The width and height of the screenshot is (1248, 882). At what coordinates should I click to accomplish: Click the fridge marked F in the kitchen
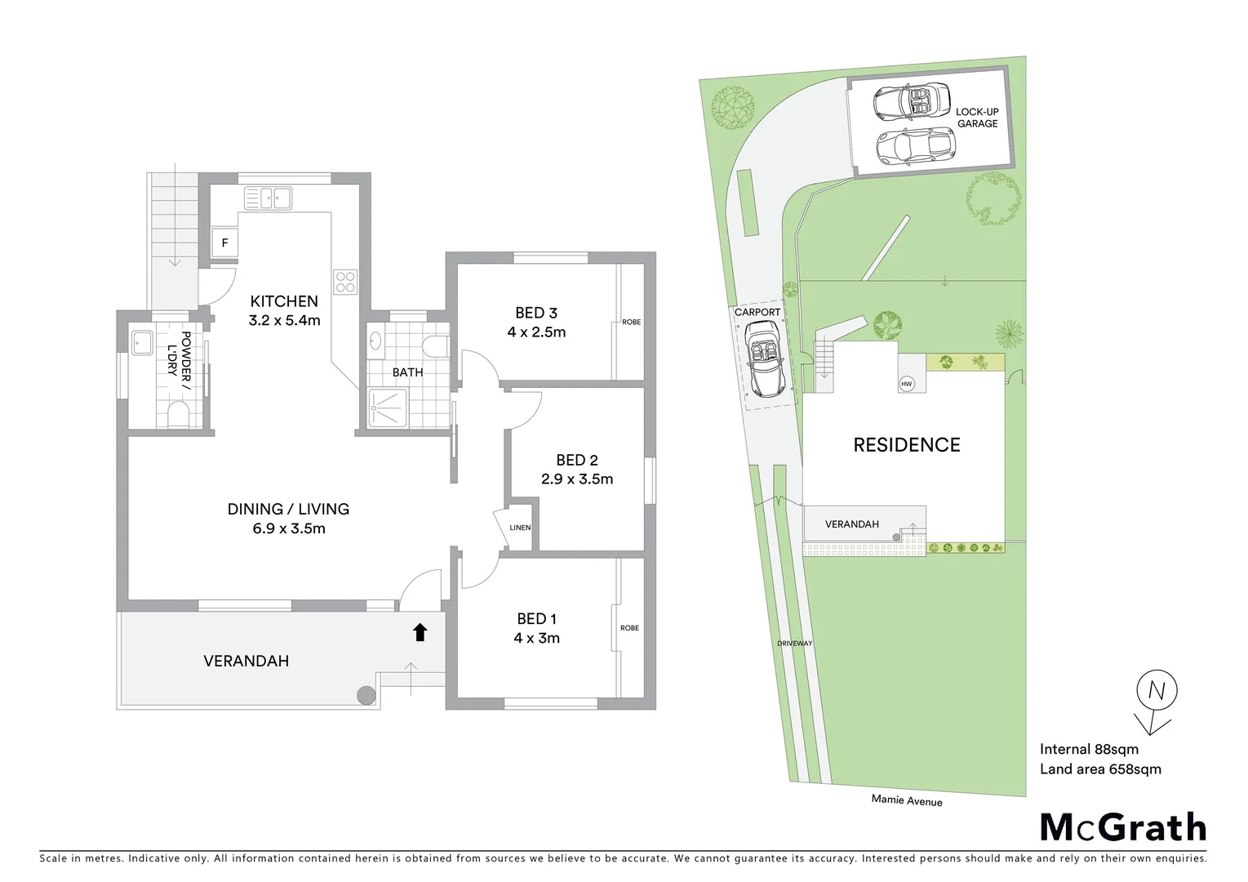[x=224, y=243]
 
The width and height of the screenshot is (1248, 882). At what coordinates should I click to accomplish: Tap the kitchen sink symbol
[x=268, y=198]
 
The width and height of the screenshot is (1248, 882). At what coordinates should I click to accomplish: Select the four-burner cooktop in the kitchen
[x=345, y=282]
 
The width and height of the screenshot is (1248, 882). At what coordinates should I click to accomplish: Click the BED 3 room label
[x=536, y=313]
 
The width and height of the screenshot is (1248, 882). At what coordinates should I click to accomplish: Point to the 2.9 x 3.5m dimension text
[x=577, y=479]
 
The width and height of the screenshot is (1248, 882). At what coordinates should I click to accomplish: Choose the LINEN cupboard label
[x=520, y=528]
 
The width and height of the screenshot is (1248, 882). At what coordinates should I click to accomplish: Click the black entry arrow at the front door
[x=420, y=632]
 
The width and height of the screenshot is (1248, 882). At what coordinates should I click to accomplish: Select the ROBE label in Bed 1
[x=629, y=628]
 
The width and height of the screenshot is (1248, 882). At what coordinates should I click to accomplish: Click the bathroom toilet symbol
[x=437, y=346]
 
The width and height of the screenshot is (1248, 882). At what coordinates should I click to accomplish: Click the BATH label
[x=407, y=372]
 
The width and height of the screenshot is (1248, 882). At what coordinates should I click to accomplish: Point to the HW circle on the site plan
[x=907, y=384]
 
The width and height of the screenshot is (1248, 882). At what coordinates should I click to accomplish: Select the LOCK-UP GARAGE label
[x=977, y=118]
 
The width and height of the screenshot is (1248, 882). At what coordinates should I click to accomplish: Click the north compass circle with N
[x=1157, y=691]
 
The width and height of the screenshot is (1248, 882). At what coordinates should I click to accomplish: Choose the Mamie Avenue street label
[x=906, y=800]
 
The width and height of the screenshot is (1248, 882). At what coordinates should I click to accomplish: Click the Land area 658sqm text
[x=1099, y=769]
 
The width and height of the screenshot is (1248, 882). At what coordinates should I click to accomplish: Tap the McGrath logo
[x=1123, y=827]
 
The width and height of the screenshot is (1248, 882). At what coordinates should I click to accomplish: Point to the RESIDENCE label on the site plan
[x=906, y=445]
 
